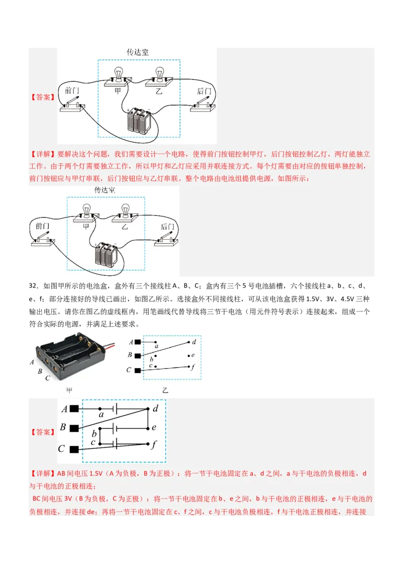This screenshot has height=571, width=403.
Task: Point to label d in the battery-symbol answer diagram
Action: (x=155, y=409)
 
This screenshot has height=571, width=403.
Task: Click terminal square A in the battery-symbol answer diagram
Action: (x=75, y=409)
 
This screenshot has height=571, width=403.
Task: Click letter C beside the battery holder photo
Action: (x=47, y=378)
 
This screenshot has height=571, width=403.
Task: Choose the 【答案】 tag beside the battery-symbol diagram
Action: (x=42, y=432)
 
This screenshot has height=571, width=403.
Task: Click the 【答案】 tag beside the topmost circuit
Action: (x=42, y=97)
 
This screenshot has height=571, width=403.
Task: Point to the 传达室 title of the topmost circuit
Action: (x=137, y=52)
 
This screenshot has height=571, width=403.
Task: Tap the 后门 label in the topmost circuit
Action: (x=204, y=91)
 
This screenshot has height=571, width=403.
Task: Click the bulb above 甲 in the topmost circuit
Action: (x=119, y=73)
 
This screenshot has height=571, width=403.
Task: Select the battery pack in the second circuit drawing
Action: (x=105, y=255)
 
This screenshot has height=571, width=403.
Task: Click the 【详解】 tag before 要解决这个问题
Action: (x=43, y=154)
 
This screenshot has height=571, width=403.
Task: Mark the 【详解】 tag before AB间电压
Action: (x=43, y=474)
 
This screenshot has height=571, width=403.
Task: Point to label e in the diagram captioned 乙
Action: (x=192, y=355)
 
